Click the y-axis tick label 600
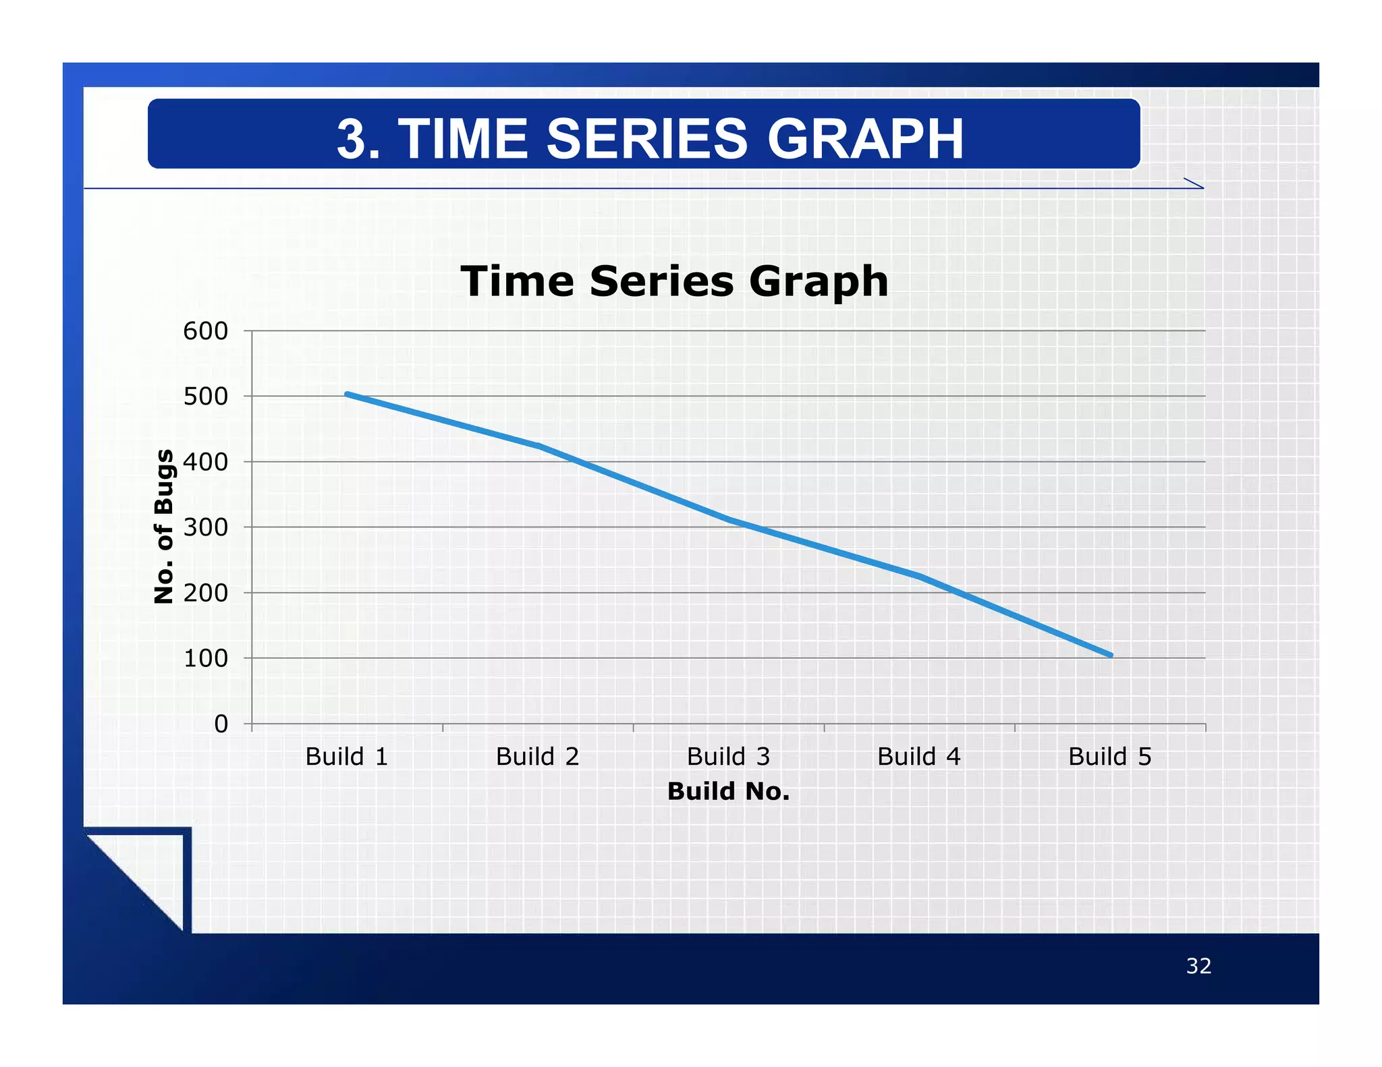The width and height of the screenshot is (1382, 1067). coord(205,331)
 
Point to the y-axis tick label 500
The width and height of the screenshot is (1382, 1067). coord(205,397)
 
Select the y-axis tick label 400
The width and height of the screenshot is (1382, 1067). coord(205,462)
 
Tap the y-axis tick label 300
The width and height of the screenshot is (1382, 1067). coord(205,527)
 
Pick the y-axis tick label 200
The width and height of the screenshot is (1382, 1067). coord(205,593)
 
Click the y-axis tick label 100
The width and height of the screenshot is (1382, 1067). coord(205,658)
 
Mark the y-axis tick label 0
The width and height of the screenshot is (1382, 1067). coord(221,724)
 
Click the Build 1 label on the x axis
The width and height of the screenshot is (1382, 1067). coord(347,757)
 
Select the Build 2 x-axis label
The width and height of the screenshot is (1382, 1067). coord(537,757)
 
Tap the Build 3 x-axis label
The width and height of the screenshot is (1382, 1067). coord(728,757)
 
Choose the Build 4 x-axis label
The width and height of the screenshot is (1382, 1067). coord(918,757)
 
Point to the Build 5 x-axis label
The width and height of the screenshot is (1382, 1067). coord(1109,757)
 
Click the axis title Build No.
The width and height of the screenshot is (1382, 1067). coord(728,791)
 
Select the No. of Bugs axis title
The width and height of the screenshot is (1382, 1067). coord(164,526)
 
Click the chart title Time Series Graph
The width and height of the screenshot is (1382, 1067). coord(674,281)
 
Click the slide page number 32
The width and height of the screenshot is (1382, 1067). coord(1198,966)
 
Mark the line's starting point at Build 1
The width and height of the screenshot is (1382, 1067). coord(347,394)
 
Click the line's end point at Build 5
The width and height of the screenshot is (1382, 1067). coord(1110,655)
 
